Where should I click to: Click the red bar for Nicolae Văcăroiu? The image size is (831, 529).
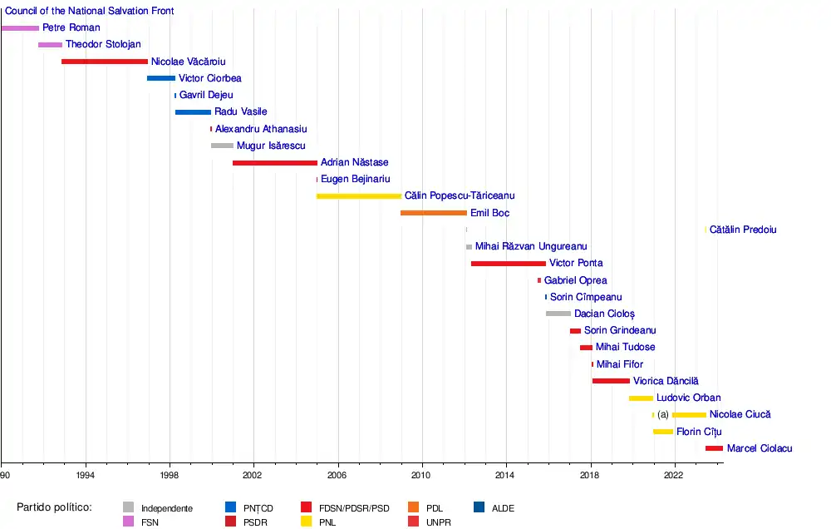pos(105,62)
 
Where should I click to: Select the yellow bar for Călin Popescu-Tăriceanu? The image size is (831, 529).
pos(359,196)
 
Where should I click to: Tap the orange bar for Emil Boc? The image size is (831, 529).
pos(434,213)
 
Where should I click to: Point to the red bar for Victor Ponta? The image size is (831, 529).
pos(509,264)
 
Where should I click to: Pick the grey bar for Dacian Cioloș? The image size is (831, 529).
pos(558,314)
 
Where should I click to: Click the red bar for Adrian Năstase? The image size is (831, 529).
pos(275,163)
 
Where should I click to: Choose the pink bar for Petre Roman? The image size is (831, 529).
pos(20,28)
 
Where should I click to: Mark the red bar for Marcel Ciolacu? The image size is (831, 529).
pos(714,448)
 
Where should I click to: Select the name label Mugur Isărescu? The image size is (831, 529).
pos(271,146)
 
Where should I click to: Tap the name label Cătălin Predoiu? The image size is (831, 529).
pos(743,230)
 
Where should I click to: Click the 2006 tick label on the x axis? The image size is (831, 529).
pos(337,474)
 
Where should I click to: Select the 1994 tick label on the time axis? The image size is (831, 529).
pos(85,474)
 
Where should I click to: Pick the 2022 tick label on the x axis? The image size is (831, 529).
pos(674,474)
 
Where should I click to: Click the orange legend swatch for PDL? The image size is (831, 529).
pos(415,507)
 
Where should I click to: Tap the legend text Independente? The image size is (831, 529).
pos(167,508)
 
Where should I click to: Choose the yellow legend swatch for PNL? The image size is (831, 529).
pos(307,522)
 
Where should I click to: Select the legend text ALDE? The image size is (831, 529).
pos(503,508)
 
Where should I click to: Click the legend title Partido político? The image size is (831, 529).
pos(54,507)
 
